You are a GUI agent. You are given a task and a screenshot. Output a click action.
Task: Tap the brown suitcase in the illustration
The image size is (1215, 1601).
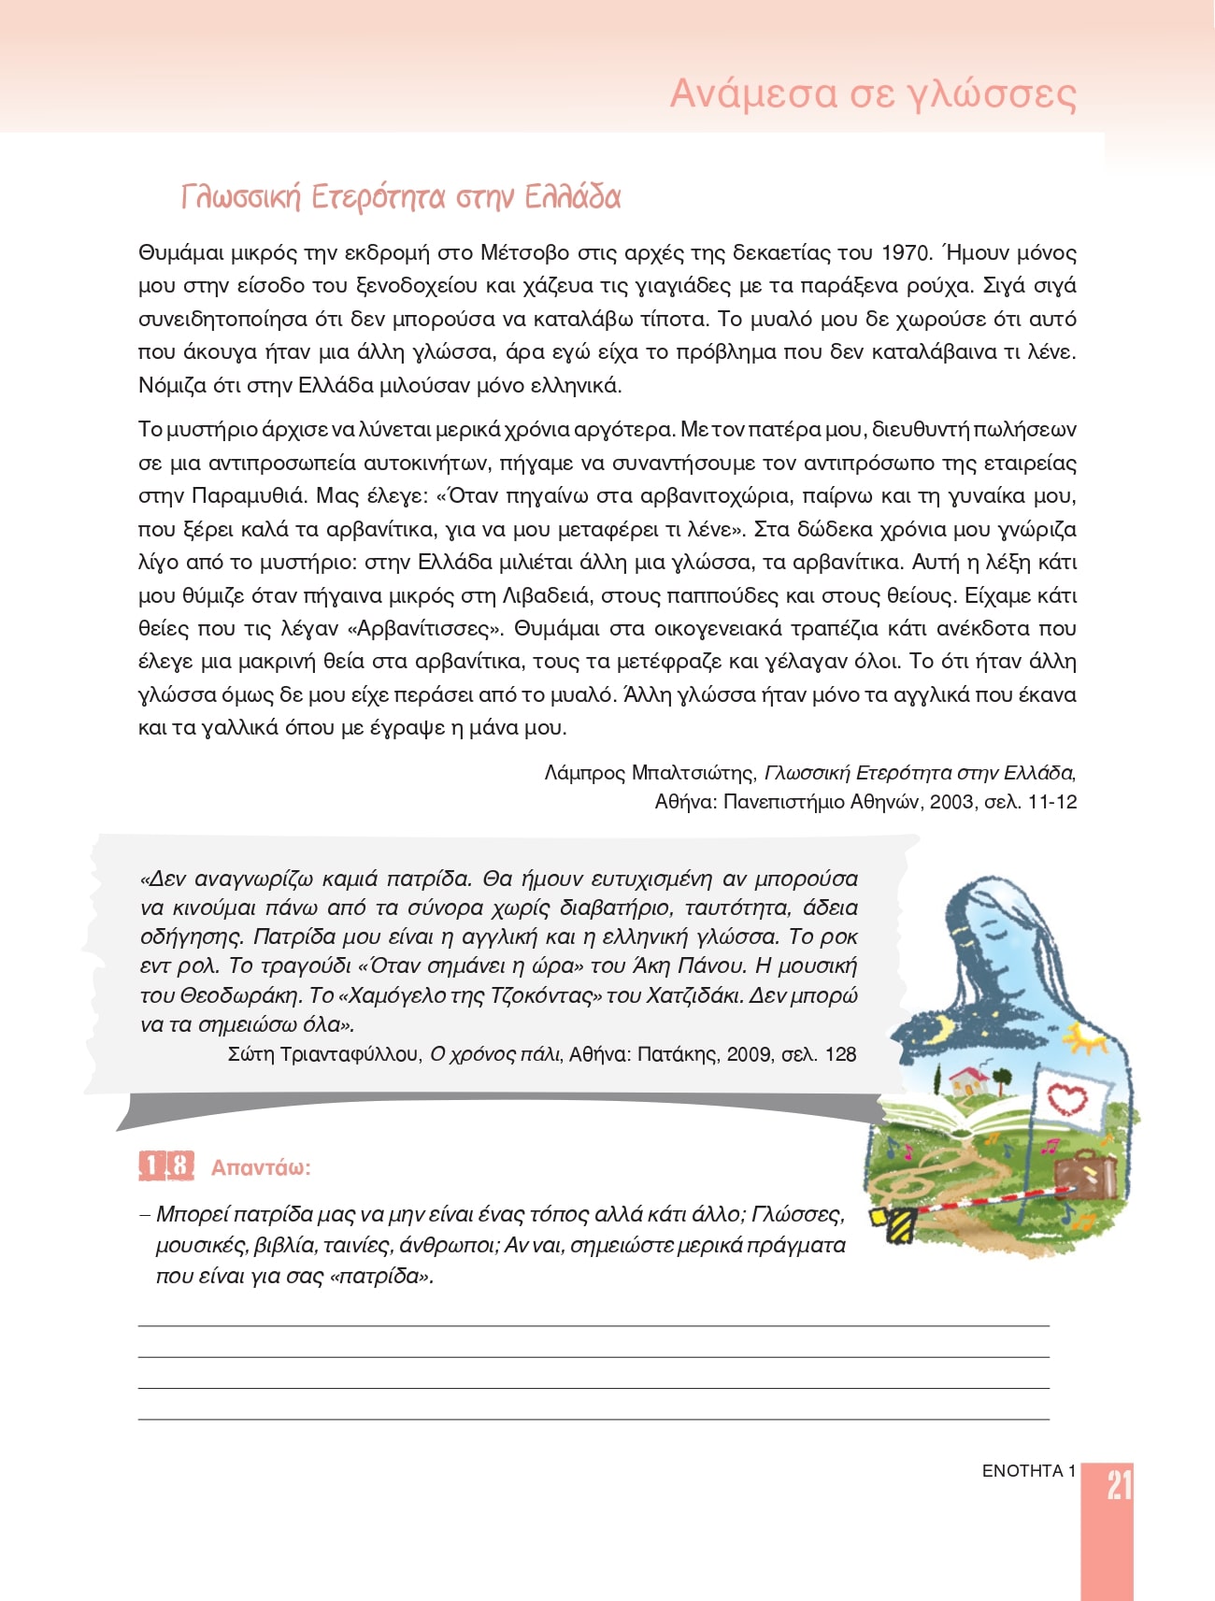tap(1085, 1174)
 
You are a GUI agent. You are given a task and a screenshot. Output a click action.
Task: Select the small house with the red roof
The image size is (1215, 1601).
tap(969, 1081)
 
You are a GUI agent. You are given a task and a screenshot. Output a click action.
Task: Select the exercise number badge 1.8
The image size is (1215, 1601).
tap(166, 1166)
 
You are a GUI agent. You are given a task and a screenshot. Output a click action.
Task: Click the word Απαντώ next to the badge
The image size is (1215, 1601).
tap(260, 1167)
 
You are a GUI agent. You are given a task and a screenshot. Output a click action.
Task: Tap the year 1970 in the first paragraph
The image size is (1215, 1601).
tap(906, 253)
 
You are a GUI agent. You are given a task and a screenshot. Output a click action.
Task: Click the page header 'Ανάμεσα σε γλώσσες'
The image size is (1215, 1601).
tap(873, 94)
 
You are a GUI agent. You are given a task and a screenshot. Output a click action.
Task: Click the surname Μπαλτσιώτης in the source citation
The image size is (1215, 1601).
tap(693, 773)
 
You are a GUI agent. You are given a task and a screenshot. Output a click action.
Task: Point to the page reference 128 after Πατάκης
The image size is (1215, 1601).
tap(840, 1054)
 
